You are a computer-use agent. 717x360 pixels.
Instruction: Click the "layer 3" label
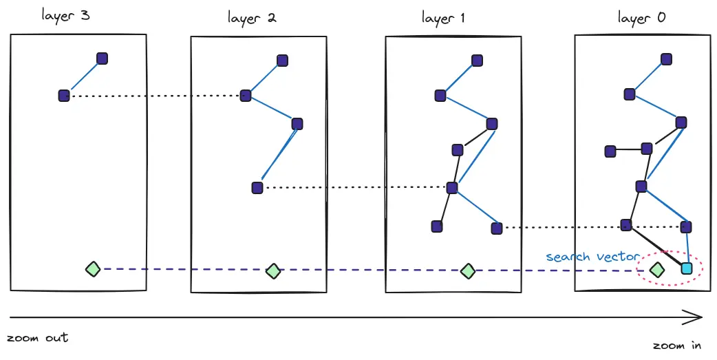point(65,15)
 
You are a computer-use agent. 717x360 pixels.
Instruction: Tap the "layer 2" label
point(252,17)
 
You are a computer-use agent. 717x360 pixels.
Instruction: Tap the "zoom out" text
point(37,338)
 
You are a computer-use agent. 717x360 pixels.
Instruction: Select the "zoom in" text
point(678,345)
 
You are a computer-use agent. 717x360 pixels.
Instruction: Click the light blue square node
point(686,269)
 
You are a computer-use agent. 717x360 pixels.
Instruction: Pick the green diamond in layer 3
point(93,269)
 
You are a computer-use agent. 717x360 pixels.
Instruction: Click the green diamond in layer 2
point(274,271)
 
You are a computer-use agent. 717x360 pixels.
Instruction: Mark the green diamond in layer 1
point(468,271)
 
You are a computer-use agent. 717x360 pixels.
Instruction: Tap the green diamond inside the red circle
point(657,270)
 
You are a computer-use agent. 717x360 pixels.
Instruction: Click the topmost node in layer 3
point(102,59)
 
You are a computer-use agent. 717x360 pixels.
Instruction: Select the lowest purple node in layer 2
point(257,187)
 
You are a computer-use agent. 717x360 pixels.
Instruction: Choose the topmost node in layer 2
point(282,60)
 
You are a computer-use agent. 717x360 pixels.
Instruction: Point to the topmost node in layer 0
point(666,60)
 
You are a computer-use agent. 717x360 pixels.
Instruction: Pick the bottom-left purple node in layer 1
point(436,226)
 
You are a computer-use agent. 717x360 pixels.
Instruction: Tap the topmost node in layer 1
point(477,61)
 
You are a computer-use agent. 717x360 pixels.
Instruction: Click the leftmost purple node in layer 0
point(610,151)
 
